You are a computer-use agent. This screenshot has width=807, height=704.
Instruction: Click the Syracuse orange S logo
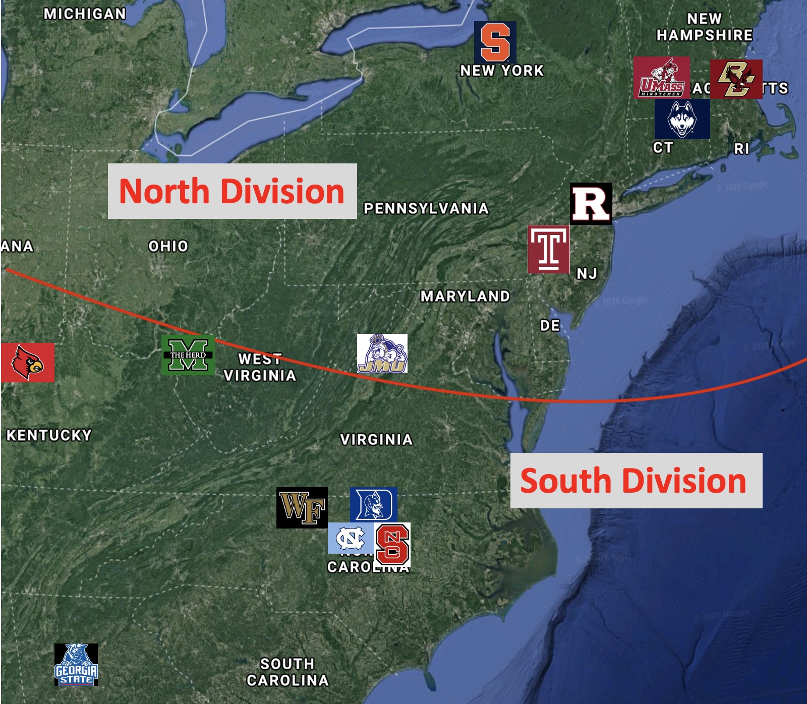pos(495,42)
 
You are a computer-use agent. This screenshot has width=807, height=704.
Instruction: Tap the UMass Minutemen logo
pos(661,77)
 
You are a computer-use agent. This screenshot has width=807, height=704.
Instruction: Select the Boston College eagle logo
pos(736,79)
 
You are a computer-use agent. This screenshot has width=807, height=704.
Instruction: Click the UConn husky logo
pos(682,119)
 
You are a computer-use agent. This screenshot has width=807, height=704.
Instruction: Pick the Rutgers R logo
pos(591,203)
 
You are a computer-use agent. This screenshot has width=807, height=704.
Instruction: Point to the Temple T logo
pos(548,249)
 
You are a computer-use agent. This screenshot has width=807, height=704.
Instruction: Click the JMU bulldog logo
pos(382,354)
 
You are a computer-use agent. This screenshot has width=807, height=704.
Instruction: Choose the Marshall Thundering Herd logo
pos(188,355)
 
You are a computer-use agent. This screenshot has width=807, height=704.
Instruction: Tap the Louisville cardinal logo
pos(28,362)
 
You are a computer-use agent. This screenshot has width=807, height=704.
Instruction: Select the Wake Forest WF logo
pos(302,507)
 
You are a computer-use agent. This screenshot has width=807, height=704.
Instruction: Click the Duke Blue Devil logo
pos(373,504)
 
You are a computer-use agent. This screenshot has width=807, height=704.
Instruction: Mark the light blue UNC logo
pos(351,538)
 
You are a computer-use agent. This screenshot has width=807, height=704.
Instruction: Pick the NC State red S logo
pos(392,545)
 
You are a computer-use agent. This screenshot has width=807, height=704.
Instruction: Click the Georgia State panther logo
pos(76,664)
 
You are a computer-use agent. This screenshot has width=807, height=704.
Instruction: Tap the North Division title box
pos(232,191)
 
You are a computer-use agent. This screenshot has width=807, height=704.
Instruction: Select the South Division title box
pos(636,481)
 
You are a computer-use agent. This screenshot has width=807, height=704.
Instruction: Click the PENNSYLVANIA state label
pos(426,208)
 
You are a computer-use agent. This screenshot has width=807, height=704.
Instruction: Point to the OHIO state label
pos(168,246)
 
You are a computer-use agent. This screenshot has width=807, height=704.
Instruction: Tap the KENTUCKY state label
pos(49,435)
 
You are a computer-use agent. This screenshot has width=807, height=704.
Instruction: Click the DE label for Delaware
pos(550,325)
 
